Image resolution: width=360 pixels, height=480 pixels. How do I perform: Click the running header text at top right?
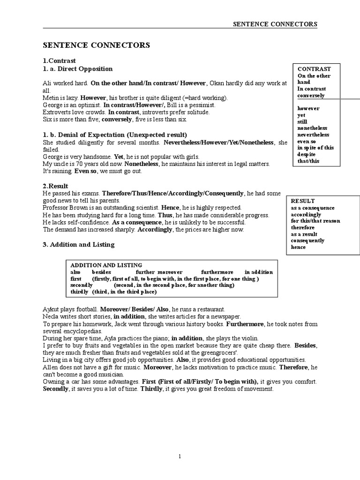tap(275, 24)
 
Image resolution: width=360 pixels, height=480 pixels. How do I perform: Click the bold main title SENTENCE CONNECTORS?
tap(97, 45)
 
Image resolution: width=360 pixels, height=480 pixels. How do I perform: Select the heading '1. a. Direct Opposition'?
tap(77, 69)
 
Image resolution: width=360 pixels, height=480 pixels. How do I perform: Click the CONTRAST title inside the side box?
tap(314, 69)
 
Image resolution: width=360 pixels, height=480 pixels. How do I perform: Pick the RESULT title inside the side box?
tap(303, 201)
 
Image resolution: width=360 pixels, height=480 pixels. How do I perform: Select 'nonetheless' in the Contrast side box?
tap(312, 128)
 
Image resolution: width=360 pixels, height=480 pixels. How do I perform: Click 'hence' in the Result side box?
tap(298, 247)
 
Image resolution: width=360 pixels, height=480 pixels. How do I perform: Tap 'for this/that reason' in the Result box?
tap(315, 221)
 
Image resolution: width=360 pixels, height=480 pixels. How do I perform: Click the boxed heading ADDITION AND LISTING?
tap(106, 265)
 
